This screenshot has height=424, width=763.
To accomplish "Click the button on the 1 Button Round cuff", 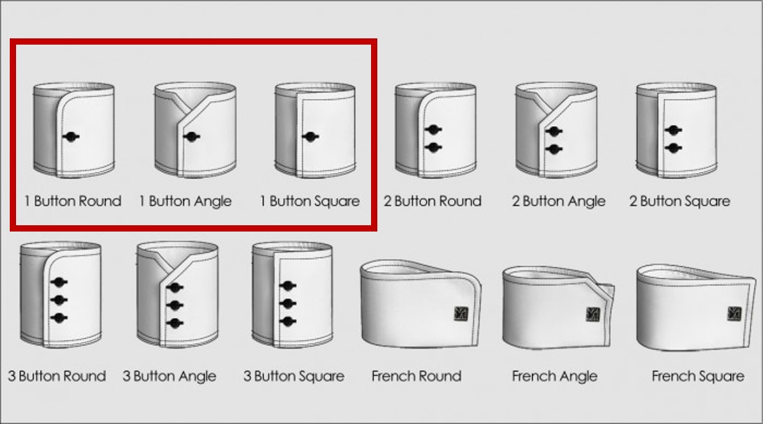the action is pyautogui.click(x=71, y=137).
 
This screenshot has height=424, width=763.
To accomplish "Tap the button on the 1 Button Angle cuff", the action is pyautogui.click(x=192, y=137).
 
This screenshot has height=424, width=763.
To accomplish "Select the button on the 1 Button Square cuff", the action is pyautogui.click(x=310, y=137).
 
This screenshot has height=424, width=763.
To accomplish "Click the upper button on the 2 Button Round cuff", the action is pyautogui.click(x=433, y=130).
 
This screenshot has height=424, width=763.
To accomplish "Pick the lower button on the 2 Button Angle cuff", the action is pyautogui.click(x=554, y=149).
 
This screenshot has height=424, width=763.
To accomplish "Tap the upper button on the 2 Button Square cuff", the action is pyautogui.click(x=674, y=130).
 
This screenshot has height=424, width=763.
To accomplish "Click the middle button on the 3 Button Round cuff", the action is pyautogui.click(x=59, y=300).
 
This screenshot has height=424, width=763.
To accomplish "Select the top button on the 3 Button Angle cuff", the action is pyautogui.click(x=174, y=288).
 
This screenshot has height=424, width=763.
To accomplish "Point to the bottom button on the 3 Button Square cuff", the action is pyautogui.click(x=288, y=321).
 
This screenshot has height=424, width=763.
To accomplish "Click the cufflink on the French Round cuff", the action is pyautogui.click(x=460, y=314).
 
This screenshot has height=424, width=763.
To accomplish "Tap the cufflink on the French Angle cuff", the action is pyautogui.click(x=593, y=315).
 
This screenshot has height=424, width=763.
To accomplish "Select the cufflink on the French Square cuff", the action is pyautogui.click(x=734, y=314).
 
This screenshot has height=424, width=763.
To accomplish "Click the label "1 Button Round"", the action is pyautogui.click(x=73, y=201).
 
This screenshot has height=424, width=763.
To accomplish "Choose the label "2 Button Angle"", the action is pyautogui.click(x=559, y=201).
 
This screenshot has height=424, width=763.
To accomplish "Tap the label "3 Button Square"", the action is pyautogui.click(x=294, y=377).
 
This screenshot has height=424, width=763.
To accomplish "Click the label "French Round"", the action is pyautogui.click(x=416, y=376).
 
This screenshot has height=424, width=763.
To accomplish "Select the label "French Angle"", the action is pyautogui.click(x=554, y=377).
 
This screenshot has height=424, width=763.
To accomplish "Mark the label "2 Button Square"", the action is pyautogui.click(x=680, y=202).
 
